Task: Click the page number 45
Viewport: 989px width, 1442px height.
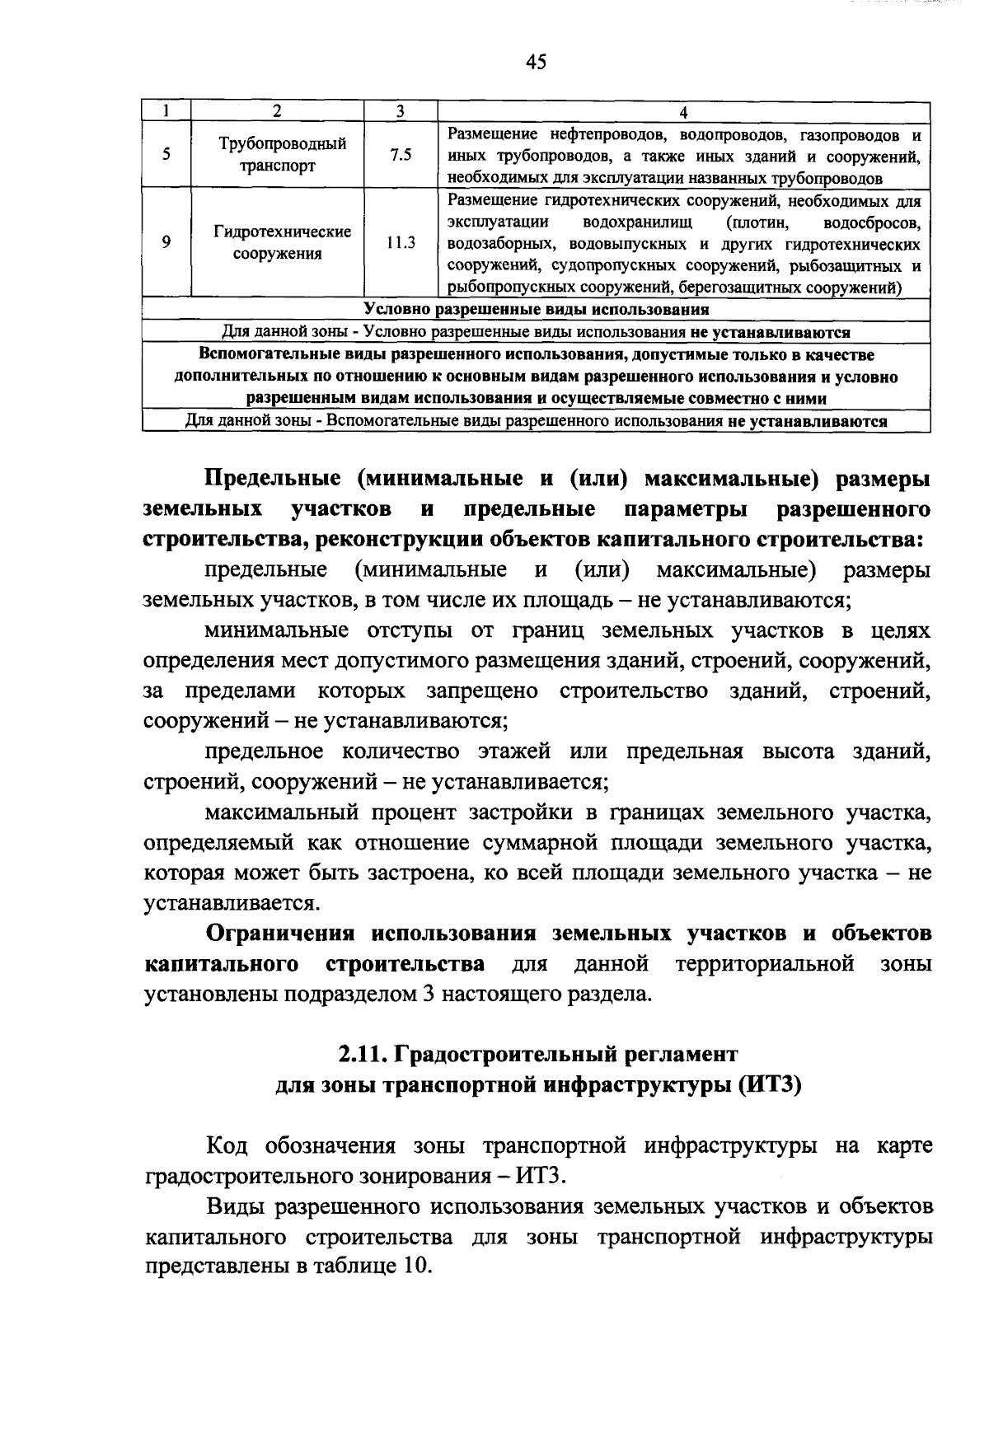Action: pos(535,63)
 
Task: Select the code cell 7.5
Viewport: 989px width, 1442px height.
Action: pos(401,155)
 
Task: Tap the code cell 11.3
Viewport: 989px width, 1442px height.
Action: pos(401,242)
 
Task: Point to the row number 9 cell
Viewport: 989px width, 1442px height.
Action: pos(166,242)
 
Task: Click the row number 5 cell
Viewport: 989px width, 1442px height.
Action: pos(166,155)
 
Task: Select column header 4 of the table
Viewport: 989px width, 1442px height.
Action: pos(683,112)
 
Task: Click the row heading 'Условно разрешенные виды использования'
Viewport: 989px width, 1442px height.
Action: pos(537,310)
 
